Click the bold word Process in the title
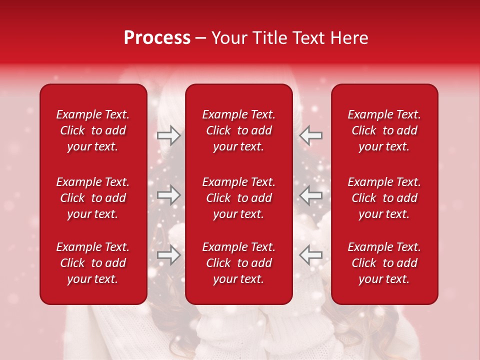[157, 38]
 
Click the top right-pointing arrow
[168, 135]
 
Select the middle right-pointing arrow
[168, 195]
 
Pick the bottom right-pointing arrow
[168, 255]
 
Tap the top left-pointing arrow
[310, 135]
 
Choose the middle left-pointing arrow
[310, 195]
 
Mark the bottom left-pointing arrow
[310, 255]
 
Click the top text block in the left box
[93, 130]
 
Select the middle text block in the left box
[93, 198]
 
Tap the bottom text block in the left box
[93, 263]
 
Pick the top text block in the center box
[238, 130]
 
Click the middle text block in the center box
[238, 198]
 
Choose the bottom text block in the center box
[238, 263]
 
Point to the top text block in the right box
[384, 130]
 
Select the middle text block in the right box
[384, 198]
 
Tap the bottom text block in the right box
[384, 263]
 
